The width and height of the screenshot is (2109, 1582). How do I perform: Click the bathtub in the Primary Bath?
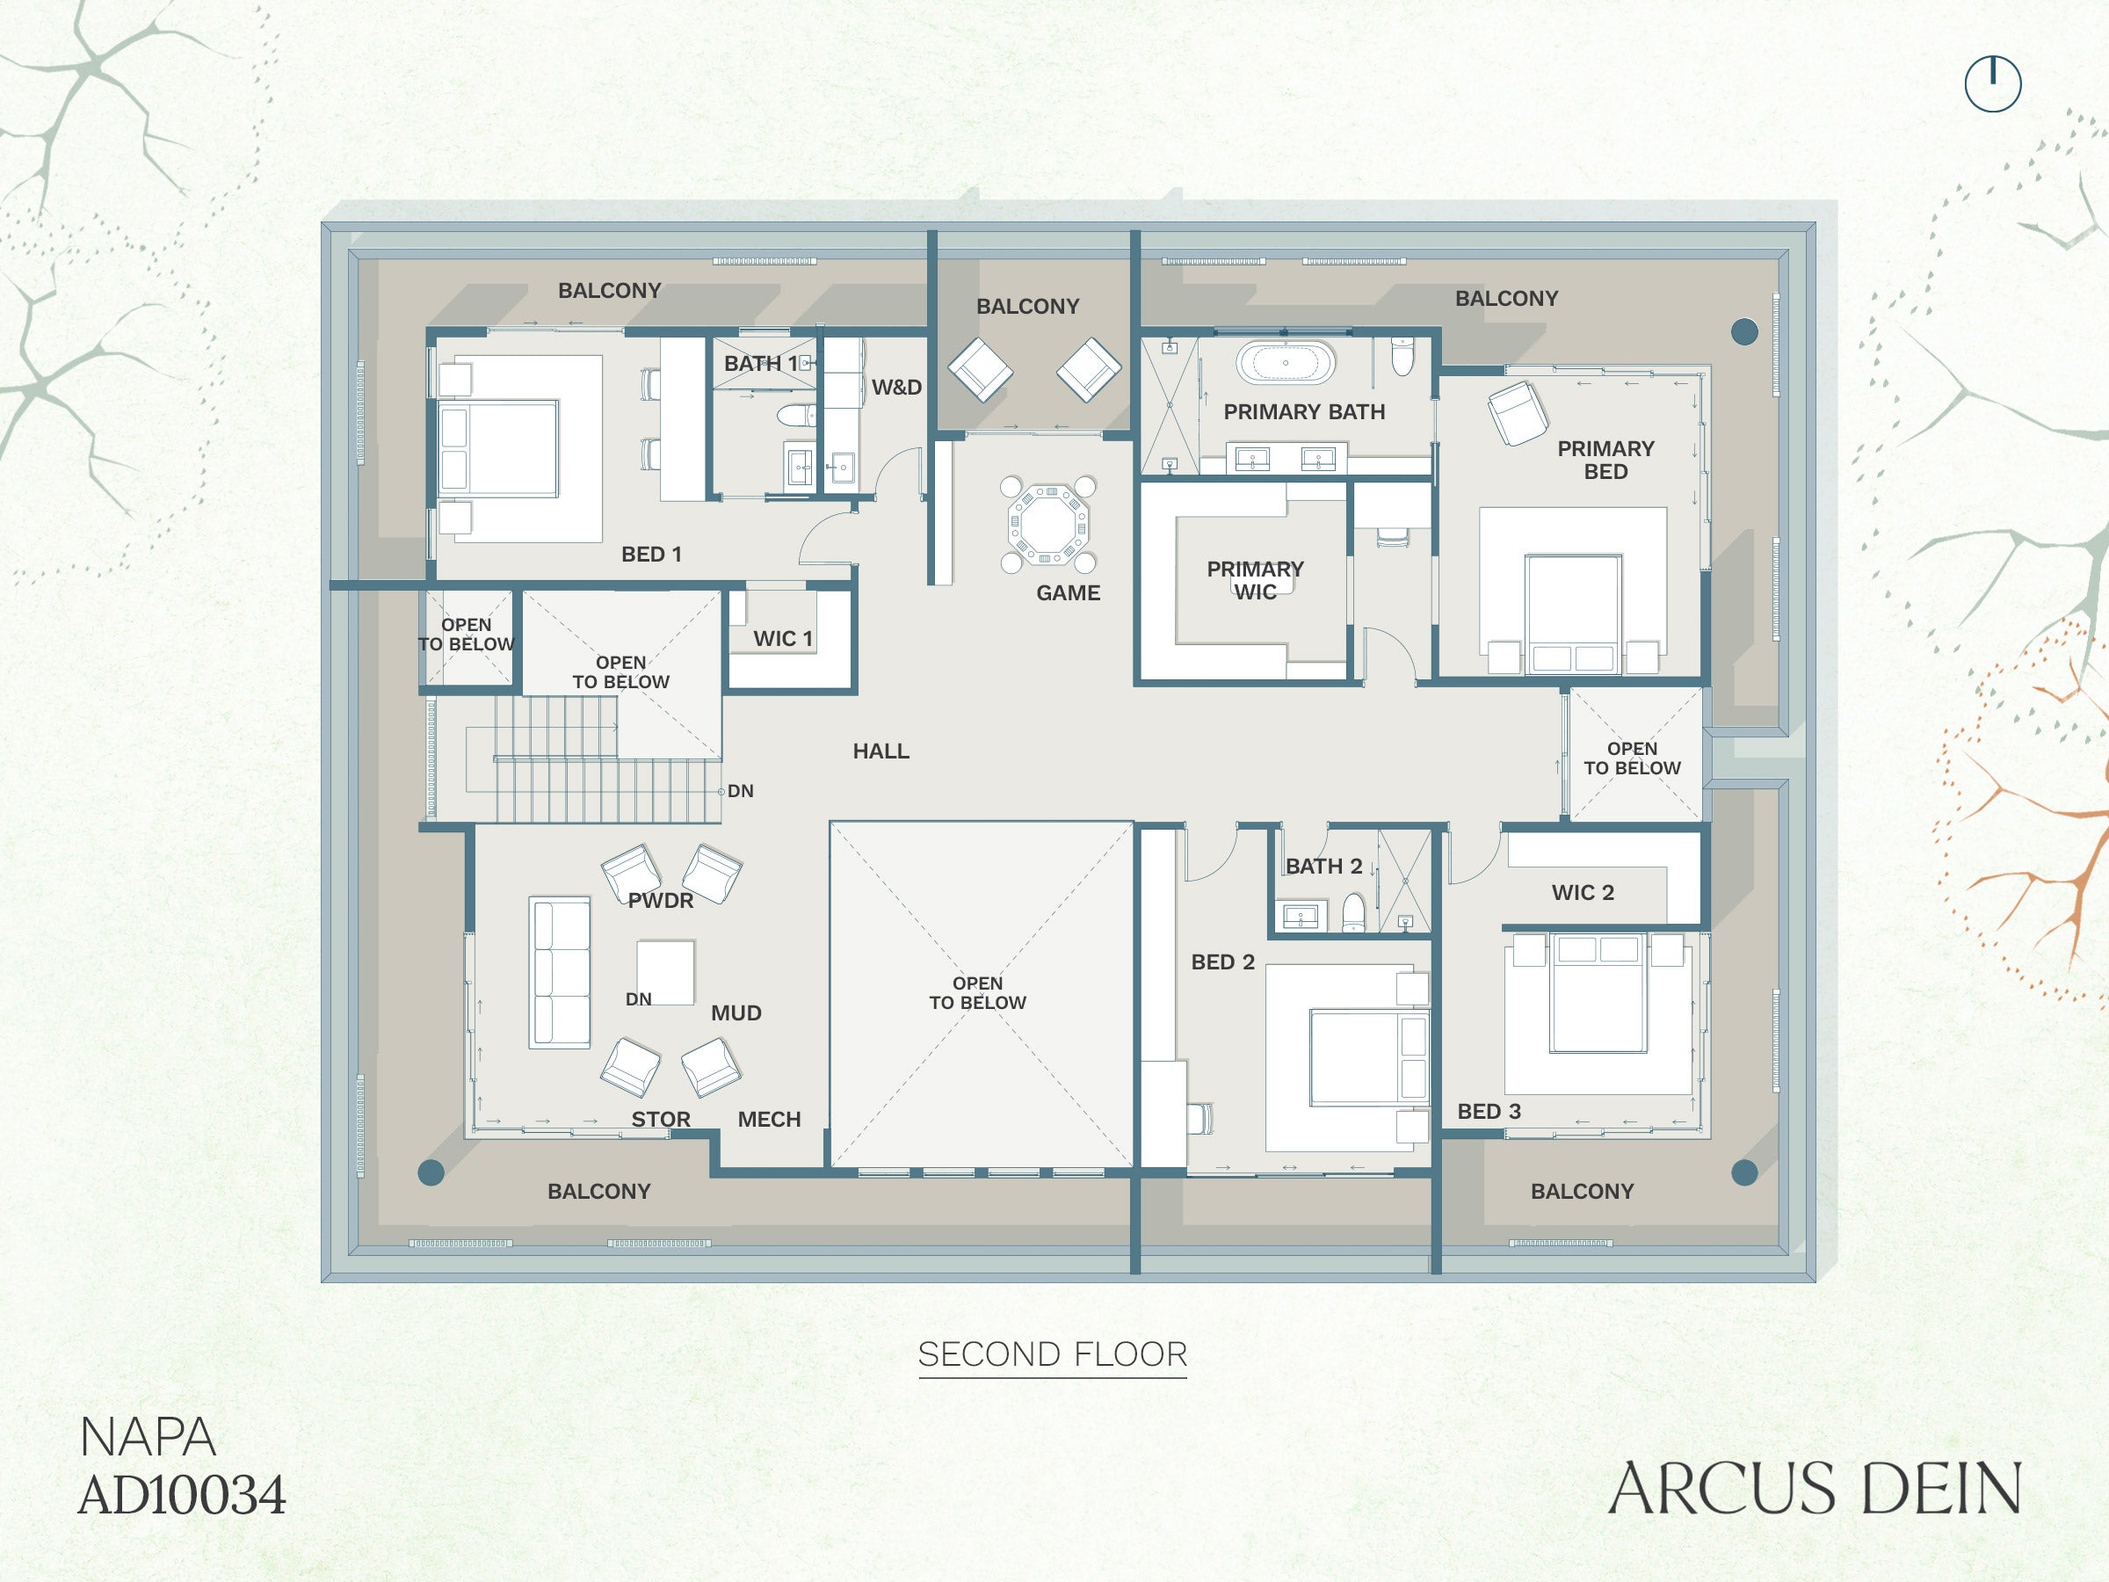pyautogui.click(x=1286, y=362)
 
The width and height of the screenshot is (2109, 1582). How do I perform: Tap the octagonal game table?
pyautogui.click(x=1047, y=524)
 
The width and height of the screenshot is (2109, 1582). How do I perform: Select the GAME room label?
pyautogui.click(x=1068, y=593)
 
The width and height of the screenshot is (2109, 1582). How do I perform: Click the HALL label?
pyautogui.click(x=881, y=751)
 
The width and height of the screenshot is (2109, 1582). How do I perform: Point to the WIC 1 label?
pyautogui.click(x=783, y=639)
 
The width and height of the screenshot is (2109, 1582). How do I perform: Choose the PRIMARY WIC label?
pyautogui.click(x=1255, y=580)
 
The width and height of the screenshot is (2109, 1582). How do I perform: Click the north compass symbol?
pyautogui.click(x=1993, y=83)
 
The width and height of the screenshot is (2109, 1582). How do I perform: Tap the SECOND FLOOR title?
pyautogui.click(x=1053, y=1354)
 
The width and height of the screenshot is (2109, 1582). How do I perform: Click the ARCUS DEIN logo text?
pyautogui.click(x=1815, y=1489)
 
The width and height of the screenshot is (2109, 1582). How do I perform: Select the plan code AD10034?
pyautogui.click(x=182, y=1495)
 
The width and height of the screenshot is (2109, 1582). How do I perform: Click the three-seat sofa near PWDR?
pyautogui.click(x=560, y=973)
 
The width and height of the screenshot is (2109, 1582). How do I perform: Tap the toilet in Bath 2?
pyautogui.click(x=1354, y=911)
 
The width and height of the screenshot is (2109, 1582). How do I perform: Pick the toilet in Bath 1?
pyautogui.click(x=796, y=415)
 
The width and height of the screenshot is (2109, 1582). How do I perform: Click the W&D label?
pyautogui.click(x=896, y=388)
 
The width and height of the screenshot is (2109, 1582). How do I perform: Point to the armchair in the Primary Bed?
pyautogui.click(x=1518, y=413)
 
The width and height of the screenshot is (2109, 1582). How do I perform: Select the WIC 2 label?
pyautogui.click(x=1583, y=893)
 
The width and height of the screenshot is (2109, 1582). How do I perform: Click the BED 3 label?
pyautogui.click(x=1489, y=1111)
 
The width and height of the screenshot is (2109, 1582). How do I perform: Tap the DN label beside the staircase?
pyautogui.click(x=740, y=790)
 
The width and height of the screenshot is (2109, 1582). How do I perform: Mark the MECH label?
pyautogui.click(x=770, y=1120)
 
